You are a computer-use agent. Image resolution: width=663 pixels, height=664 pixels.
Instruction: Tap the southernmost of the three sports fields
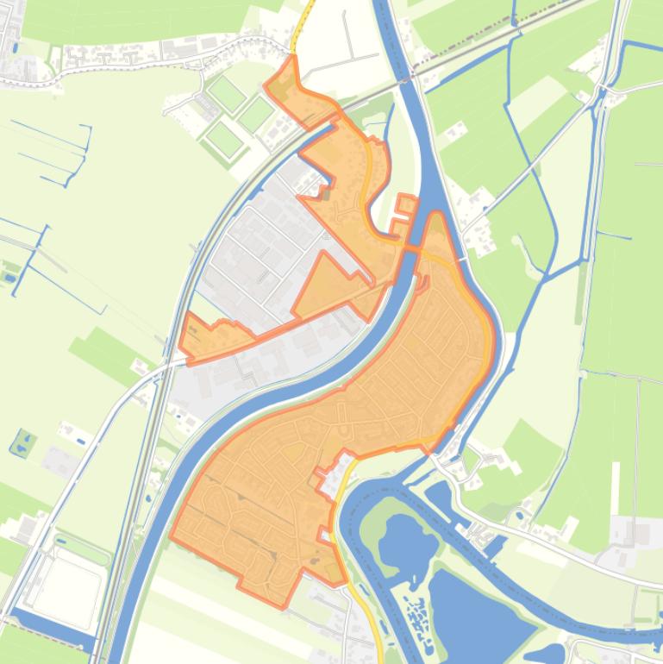pyautogui.click(x=223, y=138)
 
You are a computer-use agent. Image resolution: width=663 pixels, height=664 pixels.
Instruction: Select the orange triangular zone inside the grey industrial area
pyautogui.click(x=324, y=285)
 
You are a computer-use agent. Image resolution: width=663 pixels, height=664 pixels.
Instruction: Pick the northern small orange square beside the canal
pyautogui.click(x=407, y=204)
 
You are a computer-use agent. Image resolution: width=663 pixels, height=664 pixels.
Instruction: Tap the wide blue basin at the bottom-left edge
pyautogui.click(x=52, y=634)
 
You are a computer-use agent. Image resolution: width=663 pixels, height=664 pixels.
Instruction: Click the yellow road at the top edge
pyautogui.click(x=302, y=22)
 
